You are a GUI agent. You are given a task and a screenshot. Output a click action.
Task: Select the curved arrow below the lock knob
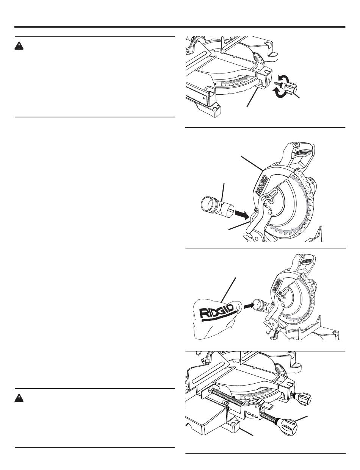pyautogui.click(x=280, y=94)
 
